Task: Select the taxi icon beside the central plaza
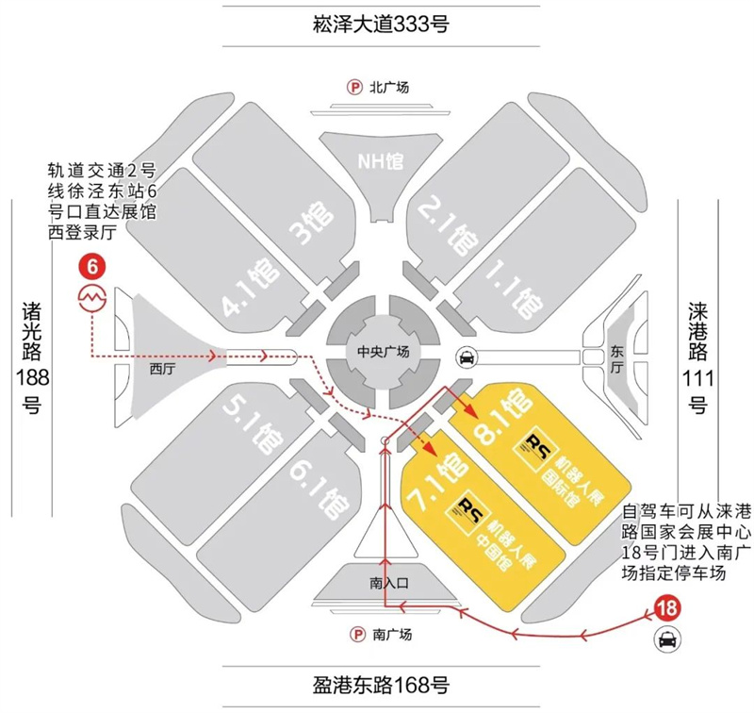tap(466, 356)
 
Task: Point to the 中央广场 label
tap(385, 352)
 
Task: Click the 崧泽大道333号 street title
tap(378, 23)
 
